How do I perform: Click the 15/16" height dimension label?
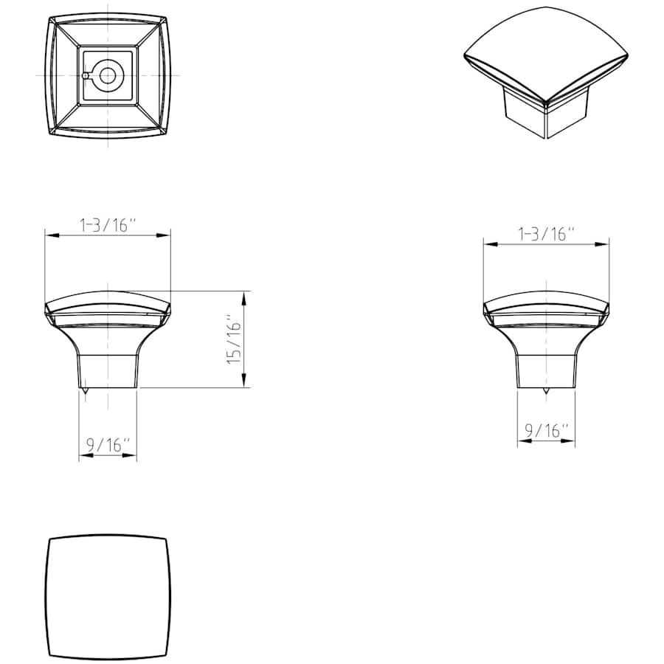coord(234,339)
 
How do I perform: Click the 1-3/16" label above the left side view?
coord(109,225)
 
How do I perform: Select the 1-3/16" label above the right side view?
coord(547,234)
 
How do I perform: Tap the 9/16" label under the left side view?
coord(108,445)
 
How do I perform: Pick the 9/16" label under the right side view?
coord(547,431)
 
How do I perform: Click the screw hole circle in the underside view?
coord(107,76)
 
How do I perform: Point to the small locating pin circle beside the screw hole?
coord(86,76)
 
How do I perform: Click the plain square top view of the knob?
coord(108,598)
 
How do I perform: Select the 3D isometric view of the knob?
coord(546,72)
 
